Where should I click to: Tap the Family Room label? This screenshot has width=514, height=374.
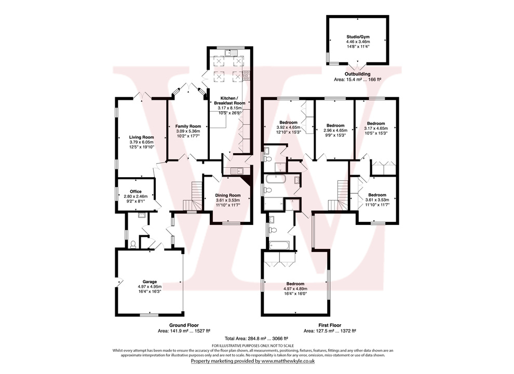pyautogui.click(x=187, y=126)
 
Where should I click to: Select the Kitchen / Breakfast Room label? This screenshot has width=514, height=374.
pyautogui.click(x=229, y=101)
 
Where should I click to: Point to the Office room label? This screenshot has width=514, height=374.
pyautogui.click(x=136, y=192)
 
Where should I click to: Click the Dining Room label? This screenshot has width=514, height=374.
pyautogui.click(x=228, y=195)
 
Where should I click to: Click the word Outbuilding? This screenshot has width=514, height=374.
pyautogui.click(x=357, y=74)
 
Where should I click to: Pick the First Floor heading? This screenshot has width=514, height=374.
pyautogui.click(x=332, y=325)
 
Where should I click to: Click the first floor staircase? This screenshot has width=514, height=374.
pyautogui.click(x=342, y=191)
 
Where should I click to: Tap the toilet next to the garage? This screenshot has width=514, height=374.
pyautogui.click(x=133, y=244)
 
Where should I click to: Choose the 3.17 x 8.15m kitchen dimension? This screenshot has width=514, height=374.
pyautogui.click(x=229, y=108)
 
